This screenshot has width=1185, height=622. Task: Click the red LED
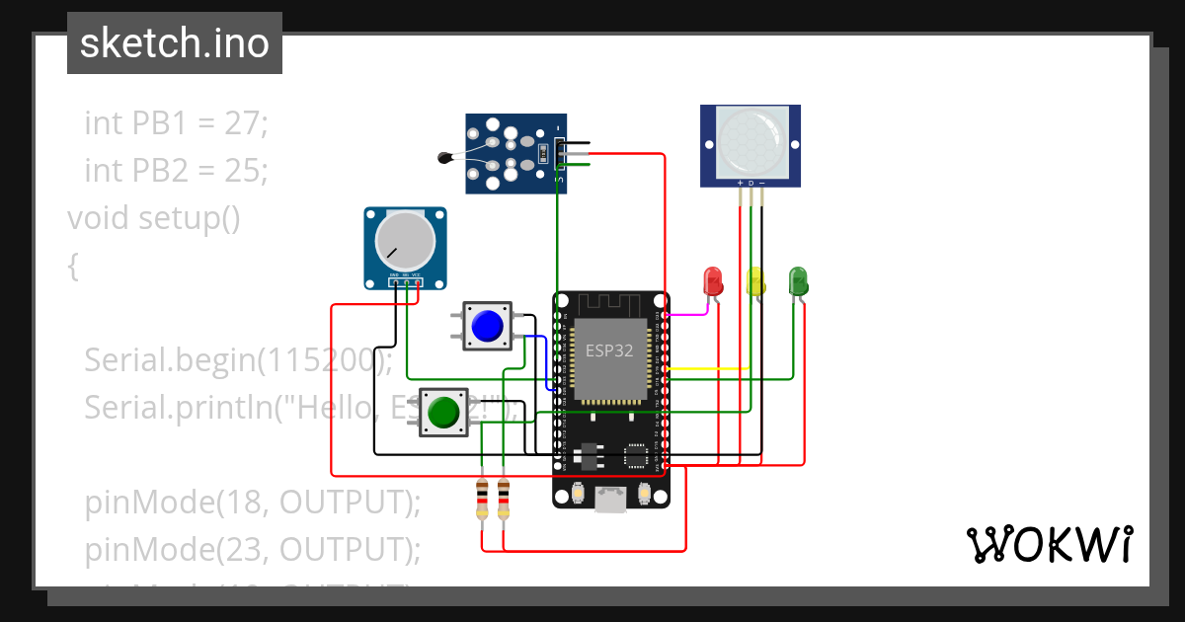pos(712,281)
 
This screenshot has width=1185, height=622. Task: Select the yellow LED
pos(755,281)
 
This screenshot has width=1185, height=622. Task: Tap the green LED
pos(799,281)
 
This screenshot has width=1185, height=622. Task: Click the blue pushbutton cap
pos(488,326)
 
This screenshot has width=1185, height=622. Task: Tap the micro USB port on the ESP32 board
pos(610,500)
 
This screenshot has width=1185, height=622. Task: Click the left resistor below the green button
pos(482,499)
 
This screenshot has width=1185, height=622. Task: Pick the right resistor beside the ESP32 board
pos(504,499)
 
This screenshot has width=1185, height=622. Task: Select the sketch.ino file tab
pos(175,43)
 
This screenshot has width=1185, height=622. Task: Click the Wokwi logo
pos(1049,544)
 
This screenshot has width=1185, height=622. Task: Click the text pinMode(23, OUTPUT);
pos(253,548)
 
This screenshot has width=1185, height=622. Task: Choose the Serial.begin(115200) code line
pos(238,359)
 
